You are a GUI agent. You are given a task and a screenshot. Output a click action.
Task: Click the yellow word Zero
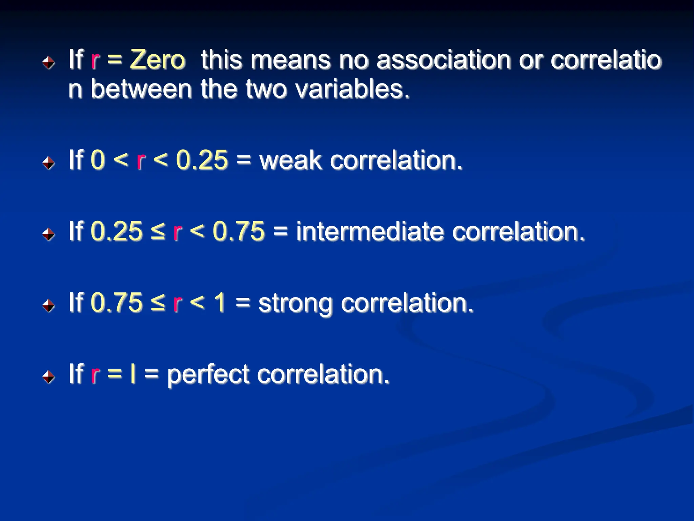click(158, 60)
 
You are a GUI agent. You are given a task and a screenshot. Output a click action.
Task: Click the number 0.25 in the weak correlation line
click(202, 160)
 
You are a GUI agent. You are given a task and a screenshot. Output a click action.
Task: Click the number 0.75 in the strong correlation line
click(117, 303)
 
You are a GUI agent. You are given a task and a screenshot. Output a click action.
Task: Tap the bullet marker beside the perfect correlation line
click(49, 377)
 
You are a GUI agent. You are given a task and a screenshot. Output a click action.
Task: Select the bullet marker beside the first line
click(49, 62)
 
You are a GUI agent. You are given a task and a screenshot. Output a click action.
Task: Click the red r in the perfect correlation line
click(95, 374)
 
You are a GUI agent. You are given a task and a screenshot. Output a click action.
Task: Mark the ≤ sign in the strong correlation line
click(158, 303)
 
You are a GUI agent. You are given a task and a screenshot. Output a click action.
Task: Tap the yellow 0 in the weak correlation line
click(98, 160)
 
